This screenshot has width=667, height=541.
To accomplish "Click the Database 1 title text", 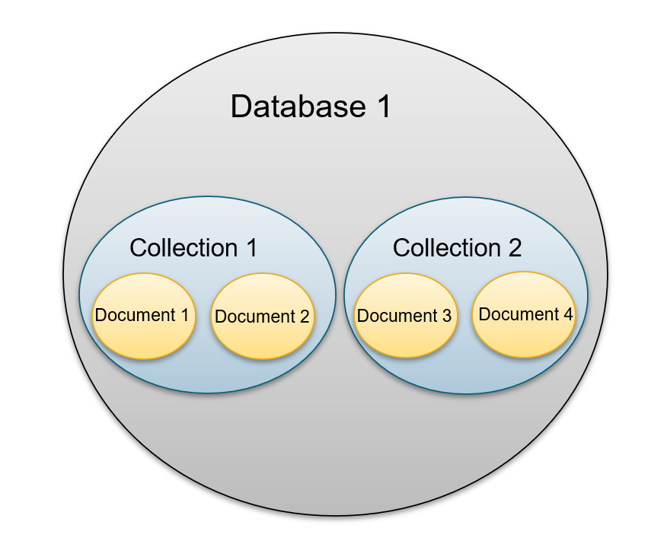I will pyautogui.click(x=311, y=107).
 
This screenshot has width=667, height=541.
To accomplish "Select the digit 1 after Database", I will pyautogui.click(x=381, y=107).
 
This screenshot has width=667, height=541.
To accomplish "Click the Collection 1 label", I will pyautogui.click(x=193, y=248).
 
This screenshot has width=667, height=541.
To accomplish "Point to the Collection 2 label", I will pyautogui.click(x=457, y=248).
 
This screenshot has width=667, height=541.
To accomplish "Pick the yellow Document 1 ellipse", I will pyautogui.click(x=142, y=335).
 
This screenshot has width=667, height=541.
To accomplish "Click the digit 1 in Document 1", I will pyautogui.click(x=184, y=314).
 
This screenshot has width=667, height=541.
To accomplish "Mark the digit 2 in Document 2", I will pyautogui.click(x=305, y=317).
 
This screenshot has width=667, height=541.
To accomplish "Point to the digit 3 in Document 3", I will pyautogui.click(x=446, y=316).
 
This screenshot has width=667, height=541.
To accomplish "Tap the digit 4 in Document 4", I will pyautogui.click(x=568, y=314).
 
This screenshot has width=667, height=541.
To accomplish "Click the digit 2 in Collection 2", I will pyautogui.click(x=515, y=248).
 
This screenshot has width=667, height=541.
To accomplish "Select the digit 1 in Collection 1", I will pyautogui.click(x=251, y=248).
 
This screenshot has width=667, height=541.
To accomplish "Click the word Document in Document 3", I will pyautogui.click(x=397, y=316).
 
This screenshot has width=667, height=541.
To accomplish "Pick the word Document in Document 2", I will pyautogui.click(x=255, y=317).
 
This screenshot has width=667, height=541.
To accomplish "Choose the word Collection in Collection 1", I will pyautogui.click(x=184, y=248).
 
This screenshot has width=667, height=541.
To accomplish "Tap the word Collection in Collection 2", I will pyautogui.click(x=446, y=248).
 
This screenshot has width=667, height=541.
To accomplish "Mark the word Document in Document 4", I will pyautogui.click(x=519, y=314).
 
